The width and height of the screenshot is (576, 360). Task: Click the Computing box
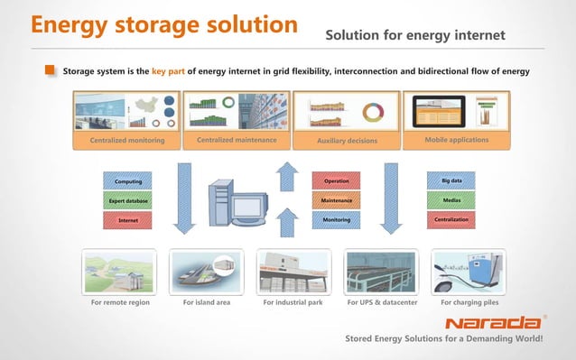126,181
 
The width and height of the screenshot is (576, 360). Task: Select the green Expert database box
126,200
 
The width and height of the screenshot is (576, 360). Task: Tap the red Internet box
126,219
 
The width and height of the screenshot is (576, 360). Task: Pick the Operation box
336,181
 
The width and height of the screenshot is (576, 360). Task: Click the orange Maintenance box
336,200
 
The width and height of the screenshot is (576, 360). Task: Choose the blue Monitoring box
336,219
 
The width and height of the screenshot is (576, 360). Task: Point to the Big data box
451,181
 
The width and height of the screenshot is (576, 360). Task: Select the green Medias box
451,200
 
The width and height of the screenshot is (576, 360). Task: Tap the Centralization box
451,219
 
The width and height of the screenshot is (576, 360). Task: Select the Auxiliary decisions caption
347,141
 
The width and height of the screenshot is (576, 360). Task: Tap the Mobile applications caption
456,140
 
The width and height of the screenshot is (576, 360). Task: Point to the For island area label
207,302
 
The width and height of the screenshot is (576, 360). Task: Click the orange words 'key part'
169,70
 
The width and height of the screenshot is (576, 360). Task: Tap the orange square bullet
51,70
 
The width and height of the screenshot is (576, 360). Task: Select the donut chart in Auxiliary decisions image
372,113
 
